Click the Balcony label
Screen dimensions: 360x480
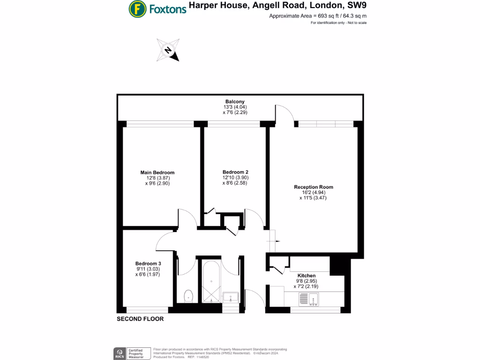[x=235, y=101]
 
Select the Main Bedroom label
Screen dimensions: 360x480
[x=157, y=172]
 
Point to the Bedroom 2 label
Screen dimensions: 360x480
[x=235, y=172]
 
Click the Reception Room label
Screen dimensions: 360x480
[x=314, y=187]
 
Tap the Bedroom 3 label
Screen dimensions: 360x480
[x=148, y=263]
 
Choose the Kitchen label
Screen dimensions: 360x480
[x=307, y=276]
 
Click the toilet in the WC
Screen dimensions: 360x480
[x=188, y=295]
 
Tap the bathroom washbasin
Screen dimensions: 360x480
[x=231, y=296]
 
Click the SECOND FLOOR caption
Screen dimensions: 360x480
[x=140, y=319]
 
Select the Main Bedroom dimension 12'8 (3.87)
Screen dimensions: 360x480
[x=157, y=178]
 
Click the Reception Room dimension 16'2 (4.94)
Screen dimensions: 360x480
[x=314, y=193]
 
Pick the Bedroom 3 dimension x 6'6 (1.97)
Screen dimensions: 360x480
[x=148, y=275]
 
